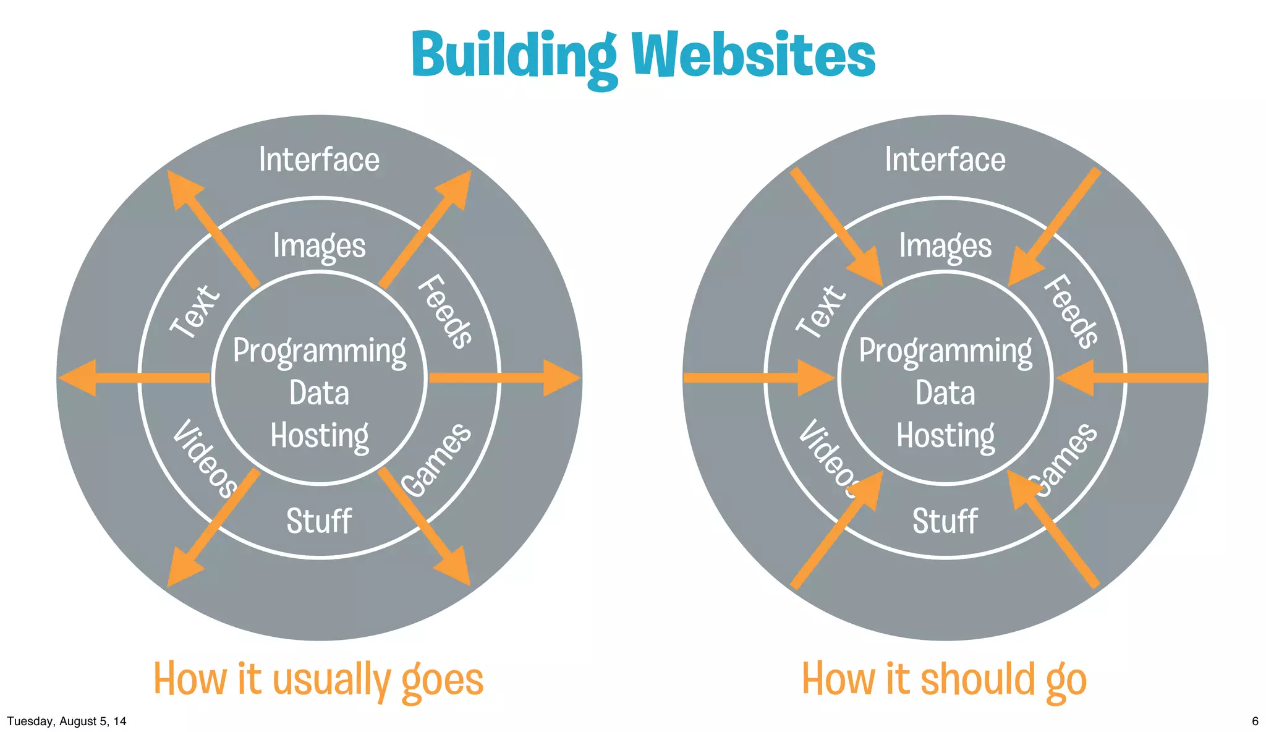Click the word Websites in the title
(x=753, y=56)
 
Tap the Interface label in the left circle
(x=319, y=160)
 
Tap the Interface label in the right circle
(x=945, y=160)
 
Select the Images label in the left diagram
(x=319, y=246)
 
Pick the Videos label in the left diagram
(x=205, y=458)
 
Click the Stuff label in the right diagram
(x=945, y=521)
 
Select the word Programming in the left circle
(x=319, y=351)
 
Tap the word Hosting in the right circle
(x=945, y=436)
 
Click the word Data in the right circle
(x=945, y=393)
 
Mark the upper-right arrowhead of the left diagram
(x=455, y=188)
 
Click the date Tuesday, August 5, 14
(x=67, y=721)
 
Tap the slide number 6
(x=1255, y=721)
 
